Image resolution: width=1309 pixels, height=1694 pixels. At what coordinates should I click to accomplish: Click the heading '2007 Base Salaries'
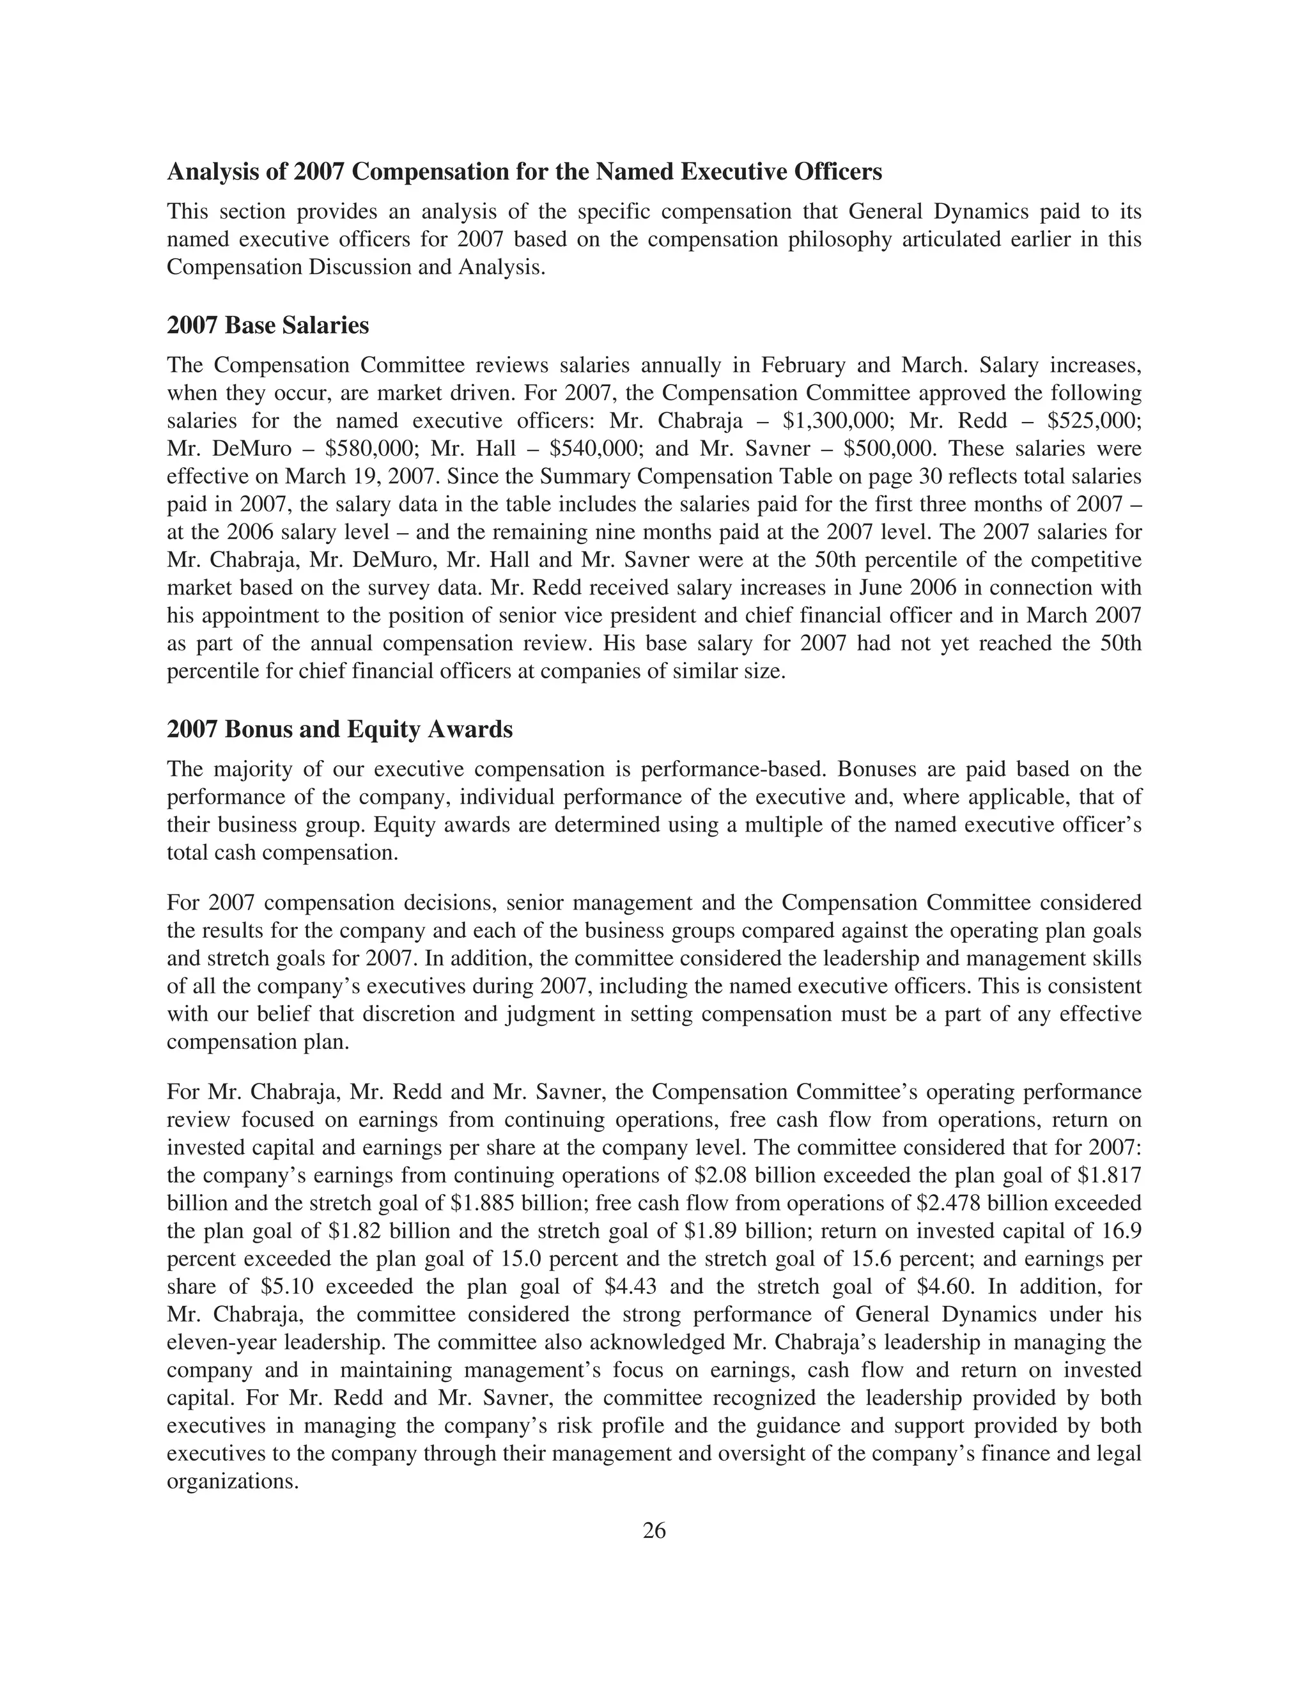[268, 326]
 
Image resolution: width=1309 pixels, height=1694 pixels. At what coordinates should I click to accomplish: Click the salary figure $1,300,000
[836, 421]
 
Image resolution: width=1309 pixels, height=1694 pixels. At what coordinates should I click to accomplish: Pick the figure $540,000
[595, 449]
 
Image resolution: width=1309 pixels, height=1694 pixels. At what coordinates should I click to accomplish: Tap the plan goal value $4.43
[630, 1287]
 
